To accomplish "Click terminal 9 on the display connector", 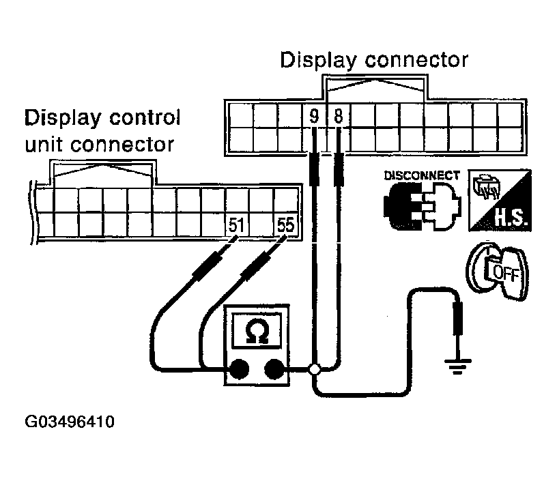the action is pyautogui.click(x=314, y=116).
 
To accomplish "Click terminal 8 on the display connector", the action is pyautogui.click(x=338, y=116).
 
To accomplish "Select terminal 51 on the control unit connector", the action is pyautogui.click(x=237, y=224).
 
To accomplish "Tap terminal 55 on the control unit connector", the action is pyautogui.click(x=285, y=224).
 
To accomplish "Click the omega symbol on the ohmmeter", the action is pyautogui.click(x=257, y=331).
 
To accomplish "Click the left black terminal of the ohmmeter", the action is pyautogui.click(x=239, y=369).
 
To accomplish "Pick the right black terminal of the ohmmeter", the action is pyautogui.click(x=274, y=369).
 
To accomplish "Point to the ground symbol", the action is pyautogui.click(x=457, y=366).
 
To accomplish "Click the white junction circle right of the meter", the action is pyautogui.click(x=314, y=369).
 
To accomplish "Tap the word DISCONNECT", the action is pyautogui.click(x=422, y=175).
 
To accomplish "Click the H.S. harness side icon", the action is pyautogui.click(x=500, y=200).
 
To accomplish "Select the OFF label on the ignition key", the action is pyautogui.click(x=506, y=273).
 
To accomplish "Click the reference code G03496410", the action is pyautogui.click(x=70, y=422).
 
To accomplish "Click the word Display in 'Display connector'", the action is pyautogui.click(x=318, y=60).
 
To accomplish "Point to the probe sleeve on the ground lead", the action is pyautogui.click(x=458, y=318).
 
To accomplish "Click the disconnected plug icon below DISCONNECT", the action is pyautogui.click(x=422, y=206).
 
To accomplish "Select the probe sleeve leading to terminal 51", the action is pyautogui.click(x=208, y=265).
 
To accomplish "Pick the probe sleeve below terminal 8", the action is pyautogui.click(x=339, y=169).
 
